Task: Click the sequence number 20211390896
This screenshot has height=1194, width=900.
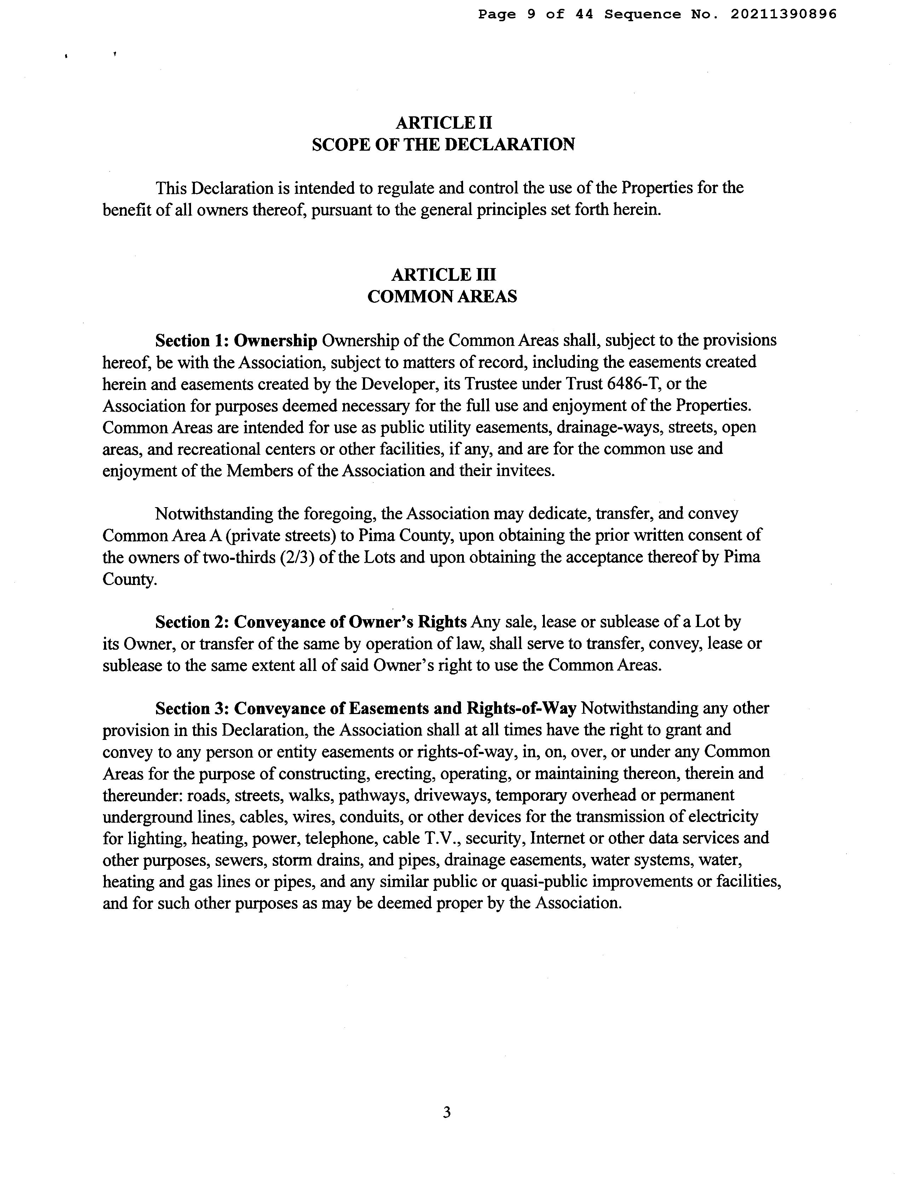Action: pyautogui.click(x=783, y=15)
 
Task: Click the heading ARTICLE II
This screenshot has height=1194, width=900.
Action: pyautogui.click(x=444, y=123)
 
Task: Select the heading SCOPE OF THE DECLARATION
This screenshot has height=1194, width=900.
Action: pyautogui.click(x=443, y=145)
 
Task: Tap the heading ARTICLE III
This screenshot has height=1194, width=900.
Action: pyautogui.click(x=443, y=275)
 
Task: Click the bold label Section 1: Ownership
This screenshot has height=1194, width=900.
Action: pyautogui.click(x=236, y=341)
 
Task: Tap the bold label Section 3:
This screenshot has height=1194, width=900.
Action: pyautogui.click(x=193, y=708)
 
